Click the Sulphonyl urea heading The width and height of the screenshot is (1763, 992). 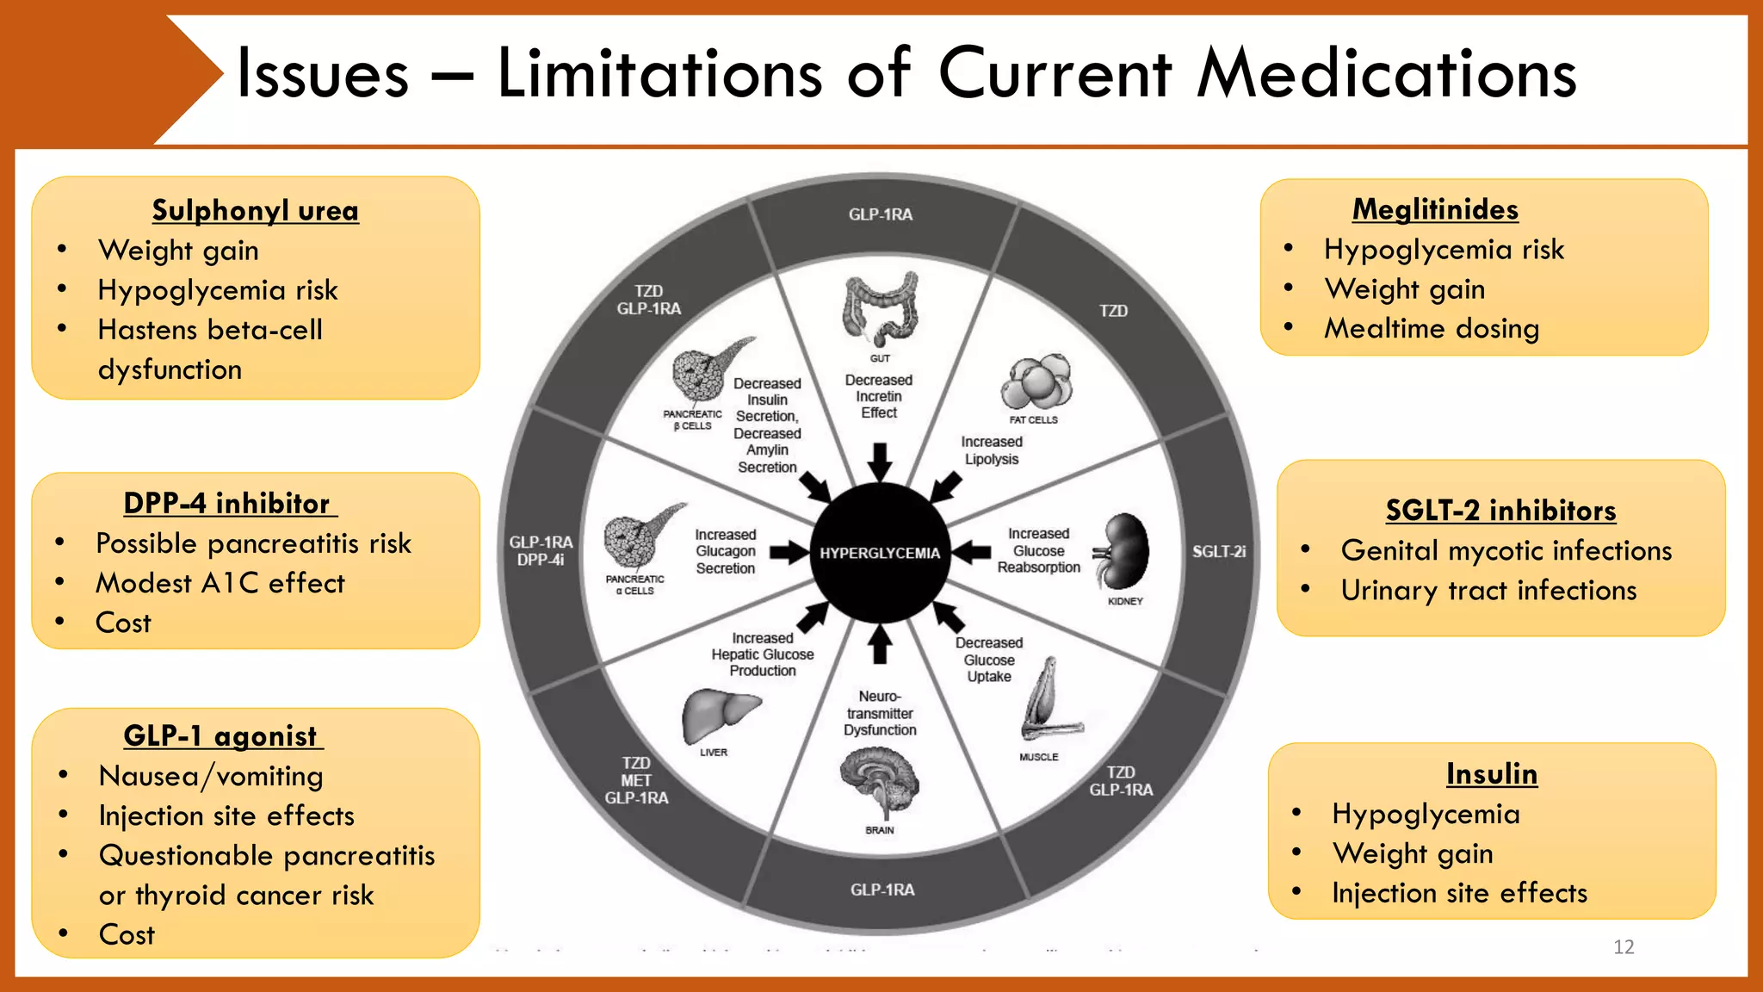point(255,210)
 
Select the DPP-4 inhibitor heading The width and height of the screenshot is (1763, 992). point(227,503)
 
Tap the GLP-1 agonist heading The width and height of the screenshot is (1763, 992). point(221,735)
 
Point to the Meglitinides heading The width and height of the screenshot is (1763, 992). point(1435,209)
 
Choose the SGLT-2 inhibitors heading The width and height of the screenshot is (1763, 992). point(1500,511)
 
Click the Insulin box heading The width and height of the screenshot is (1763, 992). point(1491,773)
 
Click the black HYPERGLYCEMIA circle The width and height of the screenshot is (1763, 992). point(879,552)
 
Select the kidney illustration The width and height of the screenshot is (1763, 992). point(1123,550)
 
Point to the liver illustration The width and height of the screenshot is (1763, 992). point(718,714)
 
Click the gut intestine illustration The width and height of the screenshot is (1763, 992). point(880,308)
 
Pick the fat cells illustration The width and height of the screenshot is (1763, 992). point(1036,381)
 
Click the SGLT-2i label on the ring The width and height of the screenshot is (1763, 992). point(1218,551)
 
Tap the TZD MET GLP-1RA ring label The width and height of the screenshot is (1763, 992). point(636,780)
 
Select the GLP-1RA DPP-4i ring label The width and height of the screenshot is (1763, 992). point(541,550)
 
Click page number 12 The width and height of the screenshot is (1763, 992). point(1624,946)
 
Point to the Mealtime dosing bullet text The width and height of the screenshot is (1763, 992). point(1431,328)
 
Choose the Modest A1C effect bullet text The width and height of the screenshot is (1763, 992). point(220,583)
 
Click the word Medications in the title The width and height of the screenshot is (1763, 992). point(1386,73)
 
